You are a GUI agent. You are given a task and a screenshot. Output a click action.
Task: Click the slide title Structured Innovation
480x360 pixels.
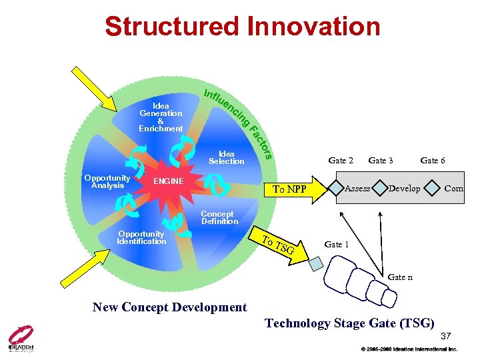pyautogui.click(x=242, y=27)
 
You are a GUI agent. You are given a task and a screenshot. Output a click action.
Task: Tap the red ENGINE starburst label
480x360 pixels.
pyautogui.click(x=168, y=181)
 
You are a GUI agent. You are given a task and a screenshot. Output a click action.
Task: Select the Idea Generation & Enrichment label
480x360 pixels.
pyautogui.click(x=161, y=117)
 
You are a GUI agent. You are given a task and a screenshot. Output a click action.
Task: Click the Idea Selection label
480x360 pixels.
pyautogui.click(x=227, y=157)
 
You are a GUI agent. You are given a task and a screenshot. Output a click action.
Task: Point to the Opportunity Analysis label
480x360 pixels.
pyautogui.click(x=107, y=181)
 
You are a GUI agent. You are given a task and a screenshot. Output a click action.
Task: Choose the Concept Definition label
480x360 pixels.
pyautogui.click(x=219, y=217)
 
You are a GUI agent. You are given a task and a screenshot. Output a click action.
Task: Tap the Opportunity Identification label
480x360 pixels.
pyautogui.click(x=141, y=237)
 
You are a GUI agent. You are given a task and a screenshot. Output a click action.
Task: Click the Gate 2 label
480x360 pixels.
pyautogui.click(x=341, y=160)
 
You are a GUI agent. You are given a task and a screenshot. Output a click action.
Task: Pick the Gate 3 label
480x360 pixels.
pyautogui.click(x=381, y=160)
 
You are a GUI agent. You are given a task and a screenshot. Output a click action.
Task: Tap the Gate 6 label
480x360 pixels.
pyautogui.click(x=433, y=160)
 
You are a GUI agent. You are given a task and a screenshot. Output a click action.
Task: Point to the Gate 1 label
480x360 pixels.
pyautogui.click(x=337, y=245)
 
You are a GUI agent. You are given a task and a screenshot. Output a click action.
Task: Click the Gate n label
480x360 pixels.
pyautogui.click(x=400, y=277)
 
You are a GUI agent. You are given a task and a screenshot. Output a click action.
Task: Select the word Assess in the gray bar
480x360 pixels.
pyautogui.click(x=357, y=189)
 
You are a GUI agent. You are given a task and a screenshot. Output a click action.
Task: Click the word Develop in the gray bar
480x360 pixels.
pyautogui.click(x=404, y=189)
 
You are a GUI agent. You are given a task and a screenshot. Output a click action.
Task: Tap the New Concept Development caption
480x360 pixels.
pyautogui.click(x=169, y=307)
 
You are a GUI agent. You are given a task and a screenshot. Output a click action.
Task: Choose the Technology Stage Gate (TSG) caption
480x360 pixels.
pyautogui.click(x=350, y=323)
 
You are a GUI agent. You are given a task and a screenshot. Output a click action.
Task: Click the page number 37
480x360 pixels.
pyautogui.click(x=446, y=335)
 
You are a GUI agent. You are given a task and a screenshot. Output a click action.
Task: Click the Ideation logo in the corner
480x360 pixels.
pyautogui.click(x=21, y=339)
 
